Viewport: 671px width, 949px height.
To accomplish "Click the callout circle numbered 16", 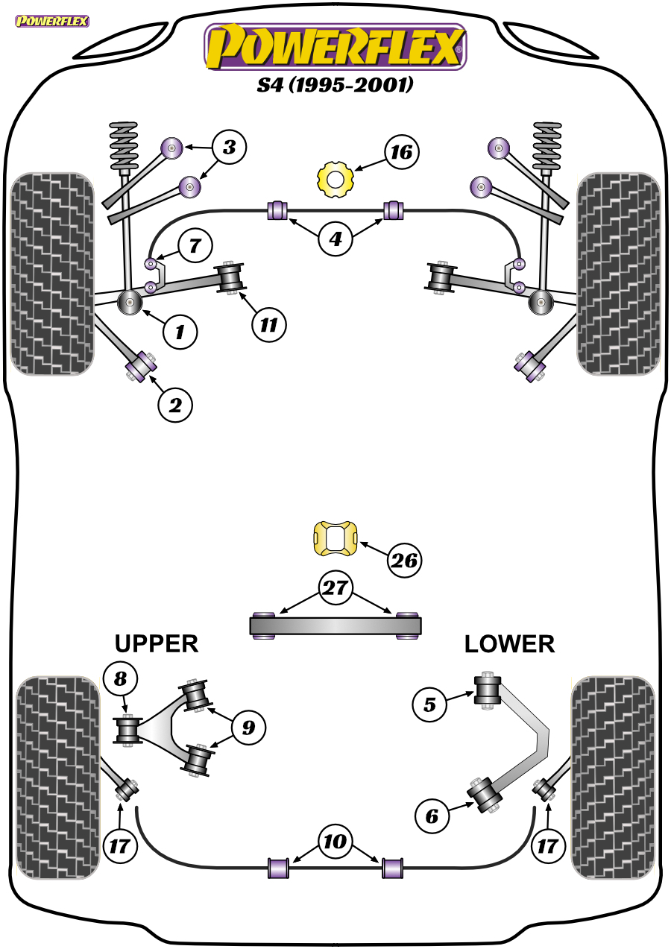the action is [402, 152].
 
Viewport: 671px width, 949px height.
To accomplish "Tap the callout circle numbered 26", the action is [404, 561].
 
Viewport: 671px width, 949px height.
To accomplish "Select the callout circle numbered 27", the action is [335, 587].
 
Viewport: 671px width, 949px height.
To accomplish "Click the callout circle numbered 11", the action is [268, 325].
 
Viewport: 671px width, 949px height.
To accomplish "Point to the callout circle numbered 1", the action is [180, 332].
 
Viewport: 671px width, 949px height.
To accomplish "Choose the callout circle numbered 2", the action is [175, 406].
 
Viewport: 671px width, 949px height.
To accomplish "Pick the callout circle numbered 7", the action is [195, 246].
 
